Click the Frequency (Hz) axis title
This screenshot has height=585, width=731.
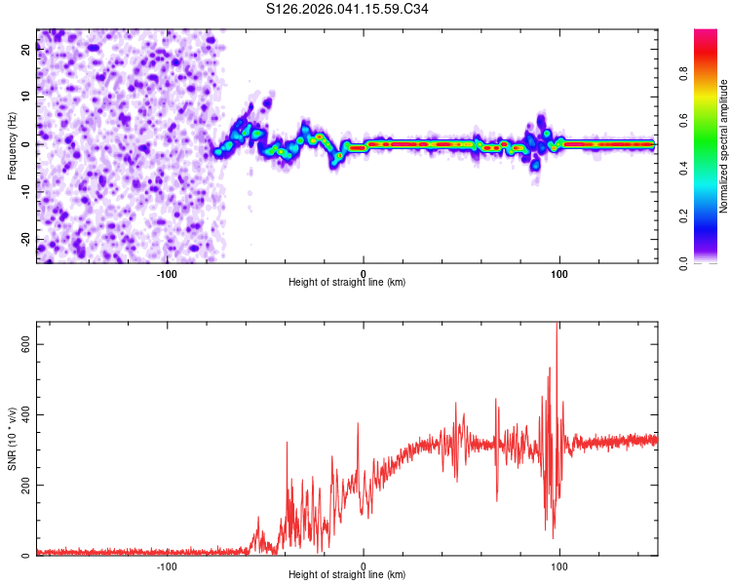point(12,146)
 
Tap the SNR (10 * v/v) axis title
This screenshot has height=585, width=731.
point(12,439)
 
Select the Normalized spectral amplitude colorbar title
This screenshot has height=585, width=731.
point(724,146)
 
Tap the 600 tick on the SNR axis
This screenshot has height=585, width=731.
point(21,344)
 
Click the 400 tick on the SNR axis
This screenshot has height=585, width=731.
point(21,415)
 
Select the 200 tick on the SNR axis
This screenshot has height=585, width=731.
point(21,486)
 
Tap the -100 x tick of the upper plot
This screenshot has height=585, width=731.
point(167,273)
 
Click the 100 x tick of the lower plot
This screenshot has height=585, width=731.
point(559,565)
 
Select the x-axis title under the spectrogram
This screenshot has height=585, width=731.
point(347,283)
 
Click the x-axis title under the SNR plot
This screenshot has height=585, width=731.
point(347,575)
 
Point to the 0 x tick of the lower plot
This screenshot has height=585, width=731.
point(364,565)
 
